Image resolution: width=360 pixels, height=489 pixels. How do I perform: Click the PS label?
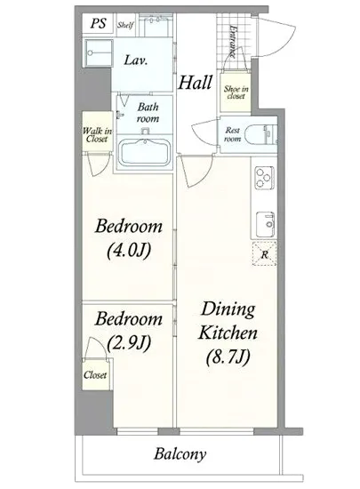pyautogui.click(x=98, y=23)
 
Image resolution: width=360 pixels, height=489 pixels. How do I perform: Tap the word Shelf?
pyautogui.click(x=125, y=25)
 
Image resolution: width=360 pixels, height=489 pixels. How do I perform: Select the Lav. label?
pyautogui.click(x=136, y=60)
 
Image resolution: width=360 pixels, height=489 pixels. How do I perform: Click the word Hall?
pyautogui.click(x=196, y=83)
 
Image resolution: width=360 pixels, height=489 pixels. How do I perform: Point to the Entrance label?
pyautogui.click(x=233, y=42)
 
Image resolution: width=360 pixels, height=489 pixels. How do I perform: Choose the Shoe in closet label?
pyautogui.click(x=236, y=92)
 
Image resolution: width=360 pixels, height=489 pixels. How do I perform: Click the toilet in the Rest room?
pyautogui.click(x=260, y=135)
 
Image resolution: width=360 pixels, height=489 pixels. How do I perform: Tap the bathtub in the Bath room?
pyautogui.click(x=145, y=153)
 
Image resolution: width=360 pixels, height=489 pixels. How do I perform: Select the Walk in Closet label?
pyautogui.click(x=97, y=135)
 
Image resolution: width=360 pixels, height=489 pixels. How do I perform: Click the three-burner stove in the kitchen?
pyautogui.click(x=264, y=178)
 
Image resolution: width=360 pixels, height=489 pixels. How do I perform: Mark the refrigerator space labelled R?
pyautogui.click(x=264, y=254)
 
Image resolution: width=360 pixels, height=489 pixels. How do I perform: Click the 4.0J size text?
pyautogui.click(x=129, y=251)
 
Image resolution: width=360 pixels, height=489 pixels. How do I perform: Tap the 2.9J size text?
pyautogui.click(x=129, y=342)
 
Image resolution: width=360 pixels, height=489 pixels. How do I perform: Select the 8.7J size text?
pyautogui.click(x=228, y=357)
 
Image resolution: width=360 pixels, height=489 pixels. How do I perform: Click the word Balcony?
pyautogui.click(x=180, y=454)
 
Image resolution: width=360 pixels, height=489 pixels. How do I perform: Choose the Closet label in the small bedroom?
pyautogui.click(x=95, y=375)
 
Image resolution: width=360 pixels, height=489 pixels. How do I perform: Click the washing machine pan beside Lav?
pyautogui.click(x=98, y=53)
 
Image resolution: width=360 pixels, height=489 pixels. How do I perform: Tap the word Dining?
pyautogui.click(x=228, y=310)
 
